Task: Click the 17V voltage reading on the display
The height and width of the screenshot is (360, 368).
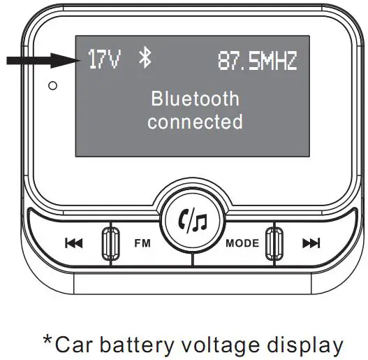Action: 104,60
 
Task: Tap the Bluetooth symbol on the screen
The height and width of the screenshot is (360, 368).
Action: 145,59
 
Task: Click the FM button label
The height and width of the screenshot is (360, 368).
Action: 142,243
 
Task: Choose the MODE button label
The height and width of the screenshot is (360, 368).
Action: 242,243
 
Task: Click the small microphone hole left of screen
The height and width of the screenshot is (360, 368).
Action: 52,86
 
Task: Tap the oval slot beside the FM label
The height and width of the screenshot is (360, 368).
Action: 108,243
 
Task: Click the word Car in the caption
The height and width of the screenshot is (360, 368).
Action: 74,345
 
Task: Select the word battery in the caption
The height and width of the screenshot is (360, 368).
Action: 140,345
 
